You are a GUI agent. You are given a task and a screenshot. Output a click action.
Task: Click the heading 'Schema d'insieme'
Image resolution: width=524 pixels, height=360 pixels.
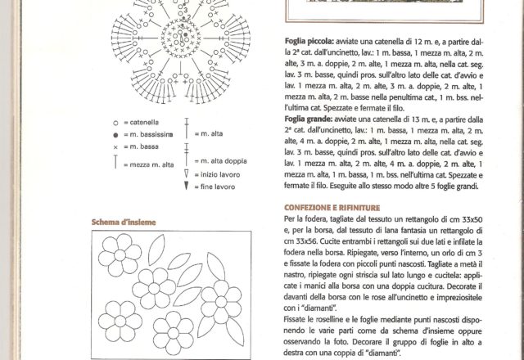coord(124,223)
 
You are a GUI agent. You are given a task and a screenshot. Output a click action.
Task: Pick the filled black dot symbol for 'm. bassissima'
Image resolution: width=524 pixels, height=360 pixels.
coord(116,134)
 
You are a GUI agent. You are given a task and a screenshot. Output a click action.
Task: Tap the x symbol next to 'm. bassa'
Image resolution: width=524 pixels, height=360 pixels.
coord(116,147)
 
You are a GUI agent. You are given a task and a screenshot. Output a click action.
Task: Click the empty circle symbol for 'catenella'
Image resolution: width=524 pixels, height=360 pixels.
coord(116,122)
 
